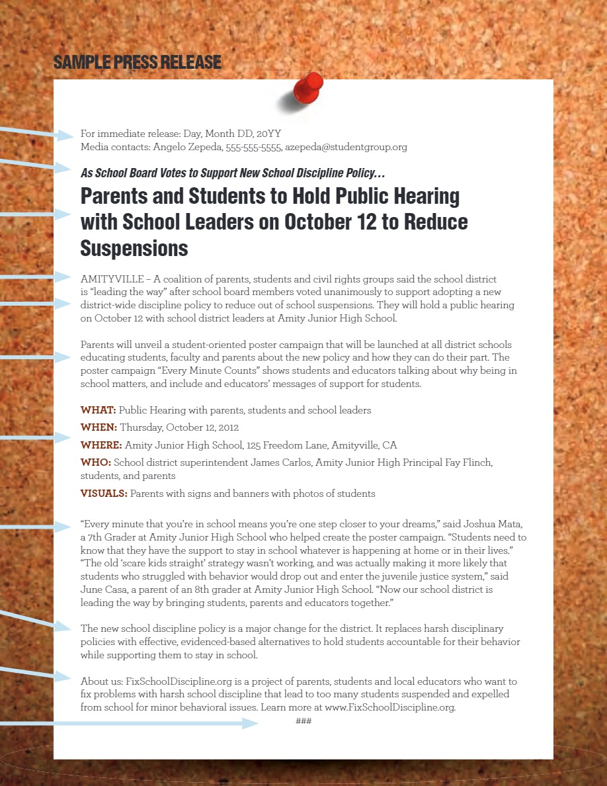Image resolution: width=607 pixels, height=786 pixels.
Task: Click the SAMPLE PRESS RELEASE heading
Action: [137, 63]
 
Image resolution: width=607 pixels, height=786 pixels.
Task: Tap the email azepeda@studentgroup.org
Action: [346, 147]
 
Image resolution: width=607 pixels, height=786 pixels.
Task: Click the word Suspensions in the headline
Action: [134, 248]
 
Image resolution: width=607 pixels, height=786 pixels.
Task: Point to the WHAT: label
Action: [98, 410]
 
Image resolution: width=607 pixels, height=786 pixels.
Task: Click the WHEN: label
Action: [99, 427]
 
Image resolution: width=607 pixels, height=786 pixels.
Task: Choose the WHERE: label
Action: [101, 445]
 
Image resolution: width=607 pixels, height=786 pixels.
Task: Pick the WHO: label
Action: [95, 462]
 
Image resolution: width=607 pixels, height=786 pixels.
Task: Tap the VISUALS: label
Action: [104, 493]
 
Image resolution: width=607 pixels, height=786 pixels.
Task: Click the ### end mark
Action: [303, 720]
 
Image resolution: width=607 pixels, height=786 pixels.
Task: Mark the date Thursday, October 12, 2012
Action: [179, 427]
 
